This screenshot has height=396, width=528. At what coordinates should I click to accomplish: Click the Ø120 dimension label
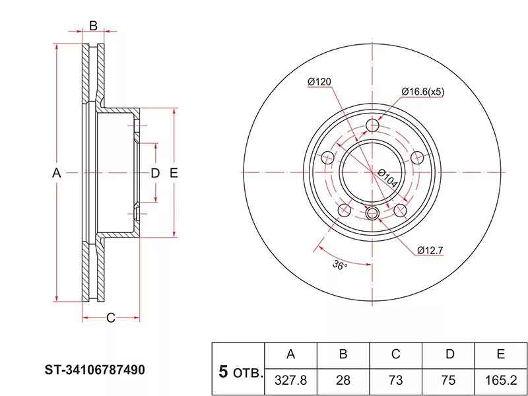pyautogui.click(x=319, y=82)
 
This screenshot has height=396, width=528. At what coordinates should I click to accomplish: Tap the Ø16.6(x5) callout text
pyautogui.click(x=422, y=92)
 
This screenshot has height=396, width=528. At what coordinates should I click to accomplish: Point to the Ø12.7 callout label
pyautogui.click(x=430, y=250)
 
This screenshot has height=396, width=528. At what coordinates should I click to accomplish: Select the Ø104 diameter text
pyautogui.click(x=387, y=178)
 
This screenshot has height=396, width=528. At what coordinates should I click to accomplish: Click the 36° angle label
pyautogui.click(x=340, y=265)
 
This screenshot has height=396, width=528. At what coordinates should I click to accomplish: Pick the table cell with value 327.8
pyautogui.click(x=290, y=381)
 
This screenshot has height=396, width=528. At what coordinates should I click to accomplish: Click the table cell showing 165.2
pyautogui.click(x=501, y=381)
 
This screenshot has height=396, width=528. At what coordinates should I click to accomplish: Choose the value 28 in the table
pyautogui.click(x=343, y=381)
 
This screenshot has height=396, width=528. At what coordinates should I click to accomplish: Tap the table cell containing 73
pyautogui.click(x=395, y=381)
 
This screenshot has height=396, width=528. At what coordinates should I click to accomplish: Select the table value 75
pyautogui.click(x=448, y=381)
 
